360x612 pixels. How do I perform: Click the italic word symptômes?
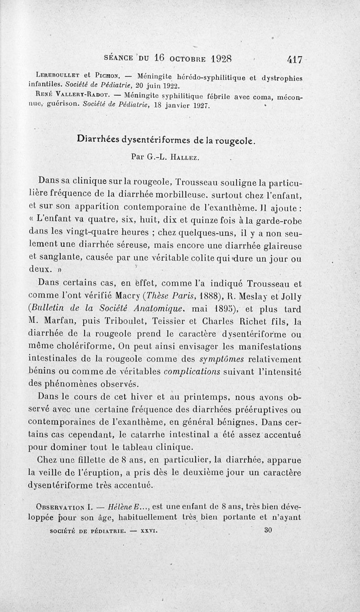[x=220, y=360]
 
